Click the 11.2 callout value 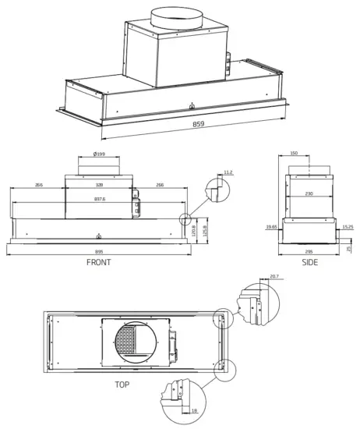click(x=228, y=172)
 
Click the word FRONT click(x=98, y=263)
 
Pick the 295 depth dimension click(x=310, y=251)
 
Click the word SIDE click(x=310, y=263)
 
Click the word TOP click(x=122, y=385)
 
